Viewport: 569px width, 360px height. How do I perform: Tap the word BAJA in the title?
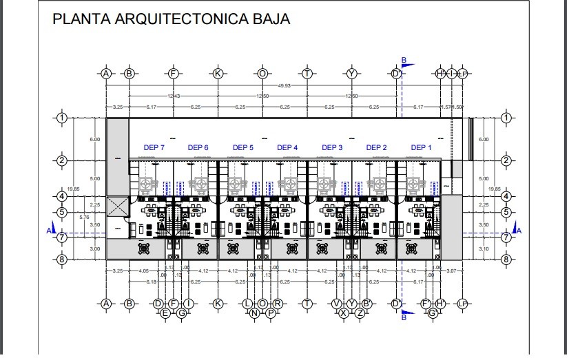coord(269,19)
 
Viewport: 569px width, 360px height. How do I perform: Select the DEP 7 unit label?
coord(154,147)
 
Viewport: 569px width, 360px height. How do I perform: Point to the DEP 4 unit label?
coord(287,147)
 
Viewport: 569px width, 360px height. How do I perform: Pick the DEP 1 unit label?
coord(421,147)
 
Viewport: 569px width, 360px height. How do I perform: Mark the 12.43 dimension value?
coord(174,96)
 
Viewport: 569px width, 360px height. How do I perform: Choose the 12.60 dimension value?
coord(352,96)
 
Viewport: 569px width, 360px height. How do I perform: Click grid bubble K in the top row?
coord(218,73)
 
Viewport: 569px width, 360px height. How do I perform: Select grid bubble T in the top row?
coord(307,73)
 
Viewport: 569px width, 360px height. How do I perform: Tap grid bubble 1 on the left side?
coord(62,118)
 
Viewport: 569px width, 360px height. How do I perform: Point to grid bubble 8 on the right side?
coord(506,260)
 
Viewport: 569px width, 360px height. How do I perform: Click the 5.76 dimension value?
coord(84,218)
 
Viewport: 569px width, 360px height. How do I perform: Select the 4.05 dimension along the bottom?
coord(143,271)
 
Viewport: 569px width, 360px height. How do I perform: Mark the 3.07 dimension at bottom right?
coord(452,271)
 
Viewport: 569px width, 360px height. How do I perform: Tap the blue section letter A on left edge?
coord(48,231)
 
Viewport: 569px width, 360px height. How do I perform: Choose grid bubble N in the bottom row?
coord(255,313)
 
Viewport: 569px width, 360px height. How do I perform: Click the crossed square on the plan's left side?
coord(118,203)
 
